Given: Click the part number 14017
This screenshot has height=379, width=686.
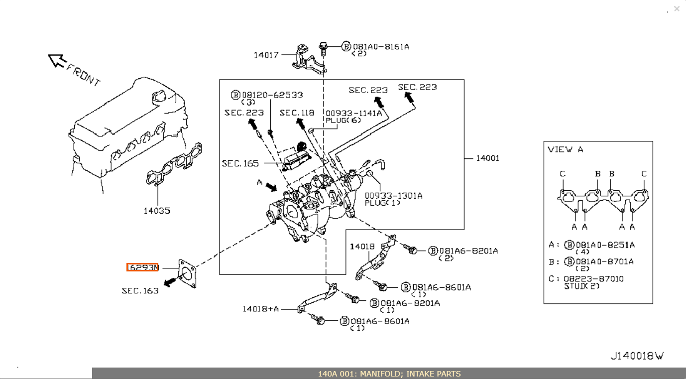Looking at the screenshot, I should (x=266, y=55).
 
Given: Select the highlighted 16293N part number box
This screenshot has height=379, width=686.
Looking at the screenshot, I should (x=142, y=267).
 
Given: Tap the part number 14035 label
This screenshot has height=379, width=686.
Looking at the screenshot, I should (x=157, y=211).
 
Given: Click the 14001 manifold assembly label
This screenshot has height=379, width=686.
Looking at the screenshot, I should (x=487, y=158).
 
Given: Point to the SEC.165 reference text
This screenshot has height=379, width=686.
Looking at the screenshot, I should (x=240, y=163).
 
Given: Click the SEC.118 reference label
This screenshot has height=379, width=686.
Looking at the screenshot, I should (x=297, y=113).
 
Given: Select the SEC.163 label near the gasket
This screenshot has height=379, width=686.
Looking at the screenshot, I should (x=140, y=291).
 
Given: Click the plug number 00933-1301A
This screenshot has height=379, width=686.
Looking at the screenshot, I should (x=393, y=196).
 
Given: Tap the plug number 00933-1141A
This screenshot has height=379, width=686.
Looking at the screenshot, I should (x=353, y=114).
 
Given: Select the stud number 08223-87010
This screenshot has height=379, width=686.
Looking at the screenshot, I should (x=593, y=279).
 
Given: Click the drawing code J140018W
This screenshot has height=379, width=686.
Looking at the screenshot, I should (x=637, y=356).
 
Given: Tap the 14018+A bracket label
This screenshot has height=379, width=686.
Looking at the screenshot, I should (x=261, y=309).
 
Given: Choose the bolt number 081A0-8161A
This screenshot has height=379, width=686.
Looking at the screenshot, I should (x=381, y=47).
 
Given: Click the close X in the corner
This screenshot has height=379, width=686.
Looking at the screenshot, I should (x=677, y=8).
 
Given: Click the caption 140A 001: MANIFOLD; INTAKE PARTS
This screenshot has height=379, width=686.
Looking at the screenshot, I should (x=389, y=374).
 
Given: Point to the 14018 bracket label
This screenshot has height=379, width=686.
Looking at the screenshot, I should (x=362, y=247).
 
